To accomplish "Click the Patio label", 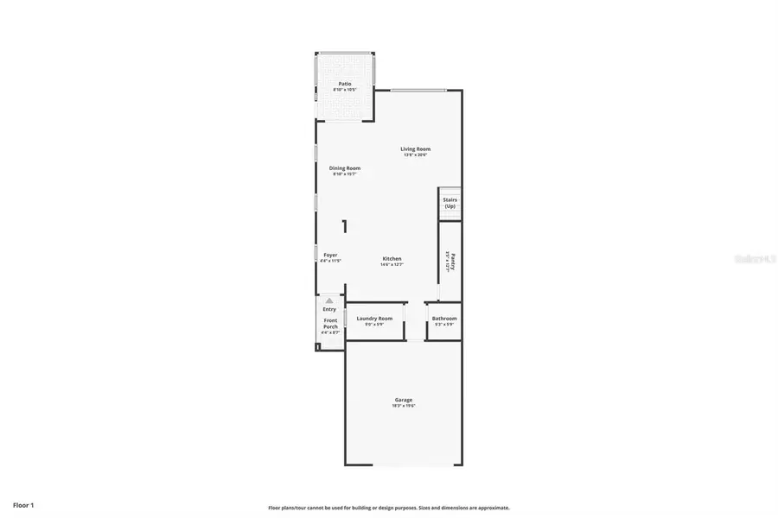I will click(345, 84).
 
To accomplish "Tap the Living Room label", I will click(416, 148).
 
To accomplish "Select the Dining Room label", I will click(345, 167).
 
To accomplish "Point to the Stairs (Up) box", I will click(450, 204).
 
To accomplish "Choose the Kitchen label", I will click(392, 259).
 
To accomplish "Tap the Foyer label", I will click(330, 256).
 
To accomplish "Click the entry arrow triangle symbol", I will click(329, 300).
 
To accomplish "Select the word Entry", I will click(329, 309).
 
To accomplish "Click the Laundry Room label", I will click(374, 318).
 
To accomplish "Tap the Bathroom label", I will click(444, 318).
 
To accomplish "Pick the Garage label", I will click(403, 400).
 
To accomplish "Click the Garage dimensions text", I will click(403, 406).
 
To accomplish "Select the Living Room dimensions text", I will click(416, 155).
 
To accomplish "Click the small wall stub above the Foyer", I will click(344, 227).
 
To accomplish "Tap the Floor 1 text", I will click(23, 503).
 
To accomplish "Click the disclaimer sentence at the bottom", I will click(388, 508).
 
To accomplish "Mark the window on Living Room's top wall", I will click(418, 90).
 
